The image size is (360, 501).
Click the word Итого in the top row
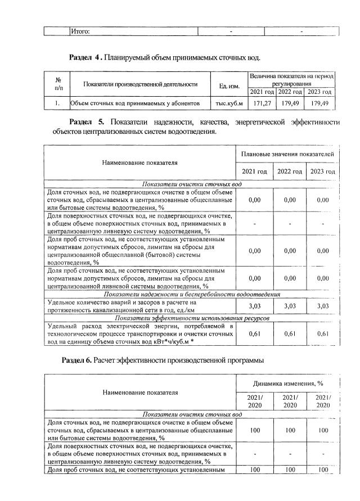(x=80, y=31)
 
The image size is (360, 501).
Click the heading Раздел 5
(x=87, y=123)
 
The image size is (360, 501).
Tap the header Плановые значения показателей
(x=288, y=154)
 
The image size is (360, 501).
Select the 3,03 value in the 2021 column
(x=254, y=306)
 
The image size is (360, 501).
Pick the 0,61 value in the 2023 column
(x=322, y=334)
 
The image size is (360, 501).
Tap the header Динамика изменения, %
(x=289, y=383)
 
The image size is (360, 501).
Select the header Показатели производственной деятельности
(x=140, y=84)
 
